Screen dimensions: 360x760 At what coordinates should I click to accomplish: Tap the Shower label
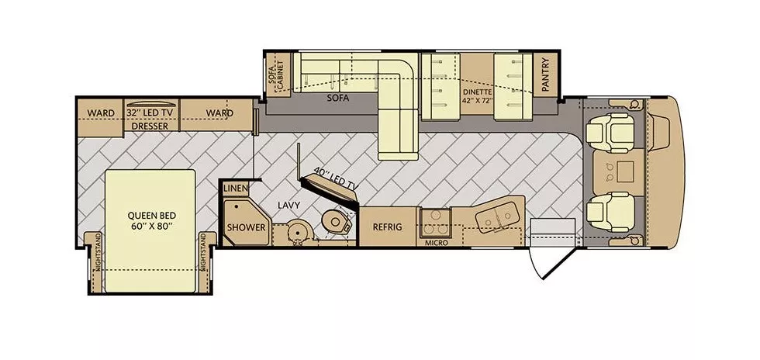246,227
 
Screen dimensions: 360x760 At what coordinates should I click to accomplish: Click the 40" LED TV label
335,179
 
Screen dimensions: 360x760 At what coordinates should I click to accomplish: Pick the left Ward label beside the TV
101,112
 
